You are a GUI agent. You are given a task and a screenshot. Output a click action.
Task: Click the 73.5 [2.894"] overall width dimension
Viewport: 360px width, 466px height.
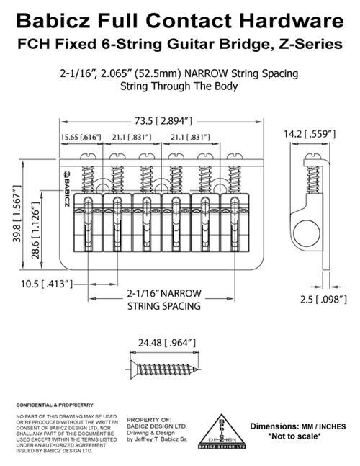tap(163, 121)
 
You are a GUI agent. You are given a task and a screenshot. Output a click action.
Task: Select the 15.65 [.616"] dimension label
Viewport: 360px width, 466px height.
tap(81, 138)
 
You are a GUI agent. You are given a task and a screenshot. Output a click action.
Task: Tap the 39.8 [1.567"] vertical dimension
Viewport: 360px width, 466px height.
tap(17, 213)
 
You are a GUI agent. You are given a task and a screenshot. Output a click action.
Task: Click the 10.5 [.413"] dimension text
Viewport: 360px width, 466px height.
tap(47, 284)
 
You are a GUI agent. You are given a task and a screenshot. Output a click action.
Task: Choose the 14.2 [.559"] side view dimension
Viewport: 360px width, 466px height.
tap(310, 134)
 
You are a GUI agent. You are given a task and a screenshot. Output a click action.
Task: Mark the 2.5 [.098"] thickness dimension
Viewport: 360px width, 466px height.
tap(323, 299)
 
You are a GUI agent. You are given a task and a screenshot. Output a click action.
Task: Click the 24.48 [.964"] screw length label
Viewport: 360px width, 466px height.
tap(167, 343)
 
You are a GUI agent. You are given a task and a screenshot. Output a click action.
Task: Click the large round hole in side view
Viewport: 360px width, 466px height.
tap(307, 233)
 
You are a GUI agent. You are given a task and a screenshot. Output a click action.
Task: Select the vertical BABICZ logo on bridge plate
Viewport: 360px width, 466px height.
tap(66, 189)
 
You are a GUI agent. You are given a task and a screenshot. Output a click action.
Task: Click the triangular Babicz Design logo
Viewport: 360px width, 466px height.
tap(222, 431)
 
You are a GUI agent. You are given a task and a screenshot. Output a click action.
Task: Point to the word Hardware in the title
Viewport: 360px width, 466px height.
tap(292, 21)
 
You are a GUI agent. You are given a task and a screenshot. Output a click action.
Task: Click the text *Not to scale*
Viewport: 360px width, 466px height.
tap(294, 436)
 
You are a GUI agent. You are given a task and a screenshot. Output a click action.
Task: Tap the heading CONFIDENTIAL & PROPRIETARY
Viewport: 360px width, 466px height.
tap(55, 405)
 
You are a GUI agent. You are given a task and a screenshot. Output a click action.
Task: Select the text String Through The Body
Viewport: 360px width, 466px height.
tap(179, 86)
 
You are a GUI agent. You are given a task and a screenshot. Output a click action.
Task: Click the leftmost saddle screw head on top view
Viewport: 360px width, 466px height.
tap(89, 156)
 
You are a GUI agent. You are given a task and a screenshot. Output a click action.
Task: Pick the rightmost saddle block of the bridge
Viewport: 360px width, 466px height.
tap(235, 223)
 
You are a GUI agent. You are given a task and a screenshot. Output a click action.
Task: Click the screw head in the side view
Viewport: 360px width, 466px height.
tap(313, 156)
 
